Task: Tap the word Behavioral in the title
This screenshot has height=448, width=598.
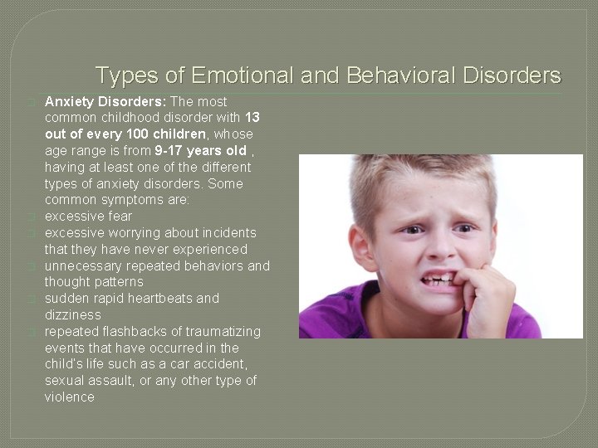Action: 399,76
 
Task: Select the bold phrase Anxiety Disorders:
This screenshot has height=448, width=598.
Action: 105,101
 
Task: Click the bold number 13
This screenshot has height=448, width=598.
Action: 253,118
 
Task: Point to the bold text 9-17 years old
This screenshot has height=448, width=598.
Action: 200,150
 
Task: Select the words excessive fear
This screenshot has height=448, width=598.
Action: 88,217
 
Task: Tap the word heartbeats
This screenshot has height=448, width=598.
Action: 159,299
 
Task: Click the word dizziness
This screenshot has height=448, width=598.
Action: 73,315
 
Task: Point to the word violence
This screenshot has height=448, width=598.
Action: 70,397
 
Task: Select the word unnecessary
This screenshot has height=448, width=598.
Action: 84,266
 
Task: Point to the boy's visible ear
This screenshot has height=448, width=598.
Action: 359,246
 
